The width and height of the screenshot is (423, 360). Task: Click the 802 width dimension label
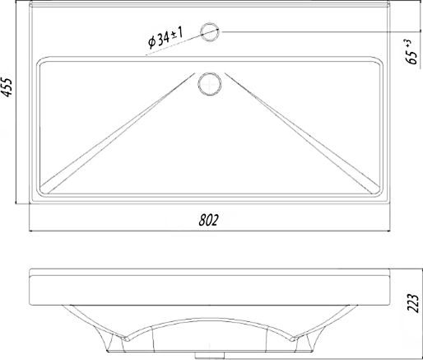209,220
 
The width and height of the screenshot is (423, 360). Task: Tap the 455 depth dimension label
7,87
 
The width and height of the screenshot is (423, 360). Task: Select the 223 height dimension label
413,303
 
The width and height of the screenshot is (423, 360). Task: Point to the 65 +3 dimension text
411,52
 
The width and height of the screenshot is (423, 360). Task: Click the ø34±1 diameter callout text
165,38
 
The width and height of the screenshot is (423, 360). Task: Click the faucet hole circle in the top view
210,32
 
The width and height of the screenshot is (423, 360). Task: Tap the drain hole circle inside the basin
209,84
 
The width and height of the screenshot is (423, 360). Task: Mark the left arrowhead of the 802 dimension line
31,231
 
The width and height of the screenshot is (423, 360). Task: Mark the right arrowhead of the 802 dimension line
388,231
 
